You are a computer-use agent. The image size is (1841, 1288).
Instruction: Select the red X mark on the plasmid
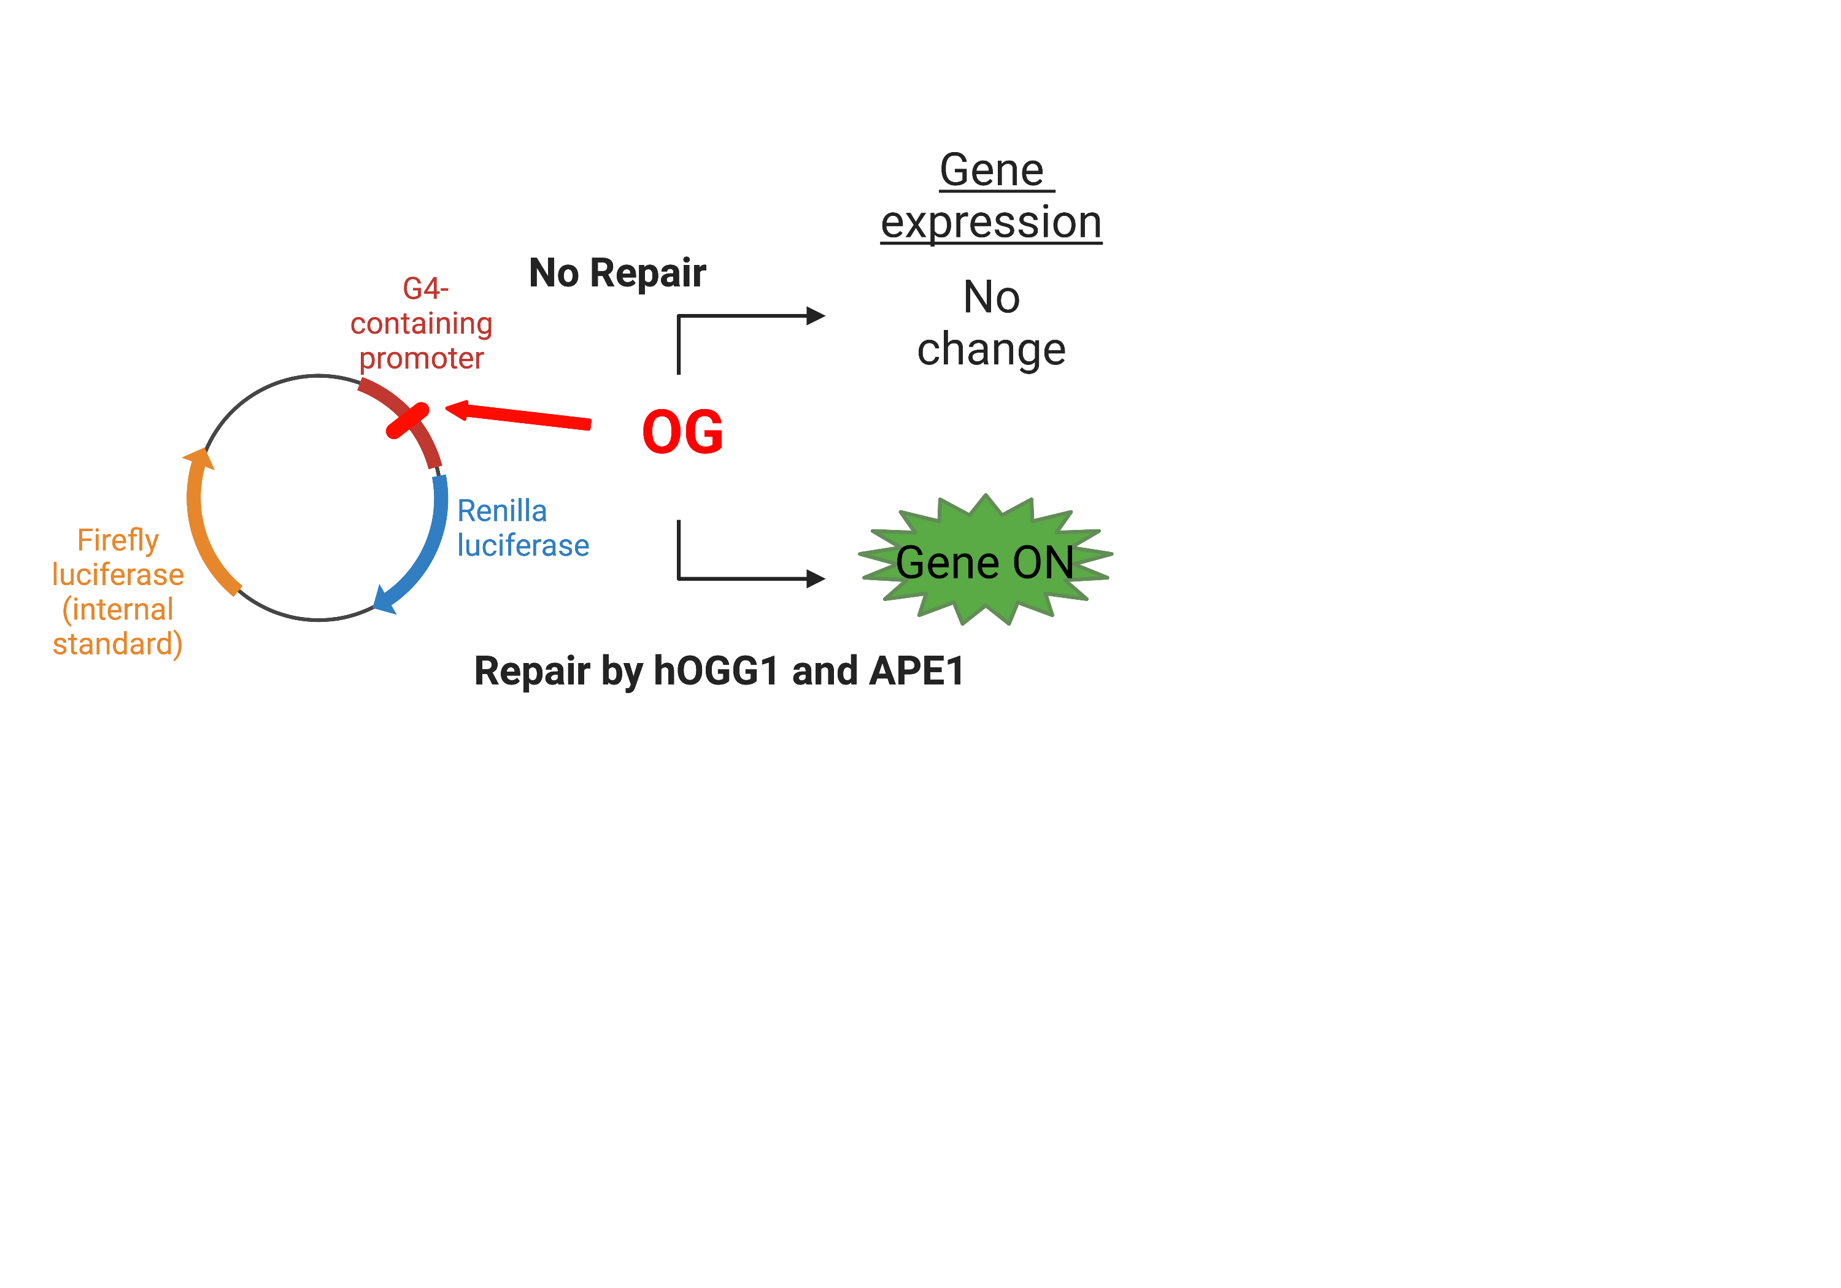[407, 421]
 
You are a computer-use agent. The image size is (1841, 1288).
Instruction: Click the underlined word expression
[991, 222]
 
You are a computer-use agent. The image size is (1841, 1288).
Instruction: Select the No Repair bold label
[617, 274]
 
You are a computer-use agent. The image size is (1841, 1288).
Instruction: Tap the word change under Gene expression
[991, 350]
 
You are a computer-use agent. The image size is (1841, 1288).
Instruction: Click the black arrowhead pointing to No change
[816, 316]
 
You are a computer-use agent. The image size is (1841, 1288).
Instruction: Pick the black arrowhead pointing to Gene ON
[816, 578]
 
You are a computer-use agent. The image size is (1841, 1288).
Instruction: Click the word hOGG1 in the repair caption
[716, 671]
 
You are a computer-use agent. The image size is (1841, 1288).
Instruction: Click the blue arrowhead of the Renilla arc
[385, 600]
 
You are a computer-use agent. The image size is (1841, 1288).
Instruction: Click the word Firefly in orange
[118, 540]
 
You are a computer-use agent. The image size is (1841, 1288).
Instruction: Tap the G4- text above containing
[425, 288]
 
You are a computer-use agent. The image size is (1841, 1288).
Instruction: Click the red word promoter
[421, 358]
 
